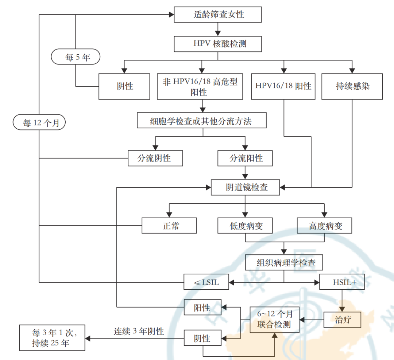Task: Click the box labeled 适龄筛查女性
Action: point(218,15)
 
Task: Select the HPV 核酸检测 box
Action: point(218,44)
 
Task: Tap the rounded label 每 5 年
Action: point(76,58)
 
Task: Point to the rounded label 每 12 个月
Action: point(39,122)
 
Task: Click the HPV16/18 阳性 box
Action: point(283,86)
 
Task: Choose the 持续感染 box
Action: point(352,86)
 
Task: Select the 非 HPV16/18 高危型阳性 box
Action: point(200,86)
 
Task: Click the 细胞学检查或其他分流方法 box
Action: point(201,121)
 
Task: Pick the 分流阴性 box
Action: point(155,159)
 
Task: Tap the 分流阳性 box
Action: point(245,159)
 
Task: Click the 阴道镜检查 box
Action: point(246,188)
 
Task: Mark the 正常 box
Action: point(169,226)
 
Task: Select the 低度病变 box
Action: point(245,226)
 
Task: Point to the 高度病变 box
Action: point(325,226)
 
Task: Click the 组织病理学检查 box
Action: point(284,263)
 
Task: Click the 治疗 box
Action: point(343,320)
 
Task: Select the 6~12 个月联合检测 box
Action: point(274,320)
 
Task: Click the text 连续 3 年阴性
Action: point(138,332)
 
